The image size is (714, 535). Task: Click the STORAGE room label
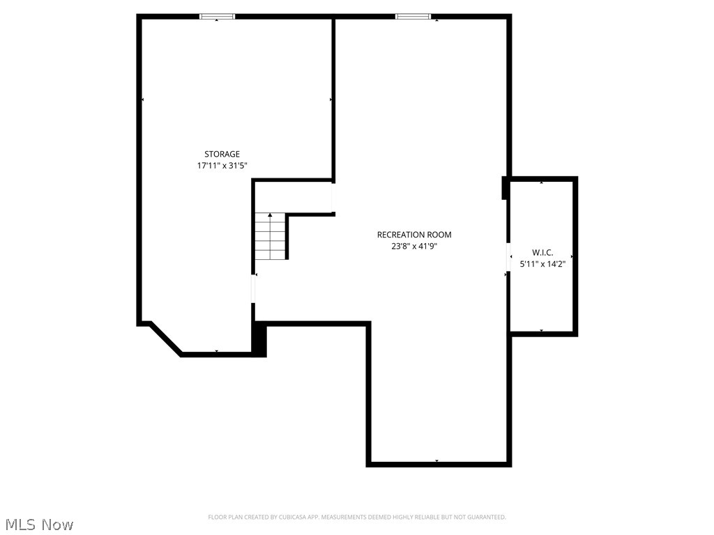click(222, 154)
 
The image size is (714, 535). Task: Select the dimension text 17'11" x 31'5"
click(222, 166)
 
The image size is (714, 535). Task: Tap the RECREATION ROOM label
click(414, 235)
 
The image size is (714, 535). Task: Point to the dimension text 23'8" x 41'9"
click(414, 246)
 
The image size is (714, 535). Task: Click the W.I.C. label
click(542, 252)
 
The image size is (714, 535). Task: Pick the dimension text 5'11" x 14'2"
click(542, 264)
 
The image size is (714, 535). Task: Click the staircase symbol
click(270, 236)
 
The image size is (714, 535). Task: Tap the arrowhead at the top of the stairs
click(270, 216)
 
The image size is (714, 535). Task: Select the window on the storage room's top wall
click(217, 16)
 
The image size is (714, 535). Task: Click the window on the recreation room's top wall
click(413, 16)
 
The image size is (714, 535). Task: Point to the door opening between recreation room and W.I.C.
click(508, 256)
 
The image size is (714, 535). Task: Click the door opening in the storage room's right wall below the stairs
click(253, 288)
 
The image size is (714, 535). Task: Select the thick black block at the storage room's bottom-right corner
click(259, 341)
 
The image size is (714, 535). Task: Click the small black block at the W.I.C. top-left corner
click(504, 188)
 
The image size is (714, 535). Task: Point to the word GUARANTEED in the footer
click(483, 517)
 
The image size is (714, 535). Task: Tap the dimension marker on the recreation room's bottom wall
click(436, 461)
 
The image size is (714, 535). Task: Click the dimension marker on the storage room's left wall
click(142, 100)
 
